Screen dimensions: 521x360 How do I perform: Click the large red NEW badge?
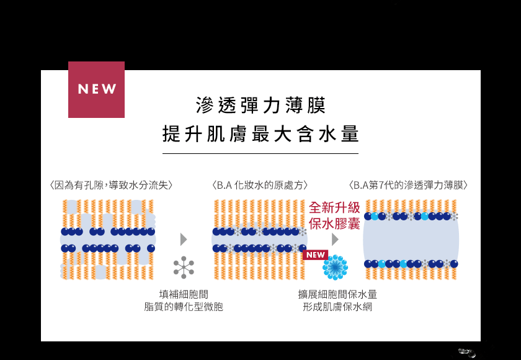(x=96, y=89)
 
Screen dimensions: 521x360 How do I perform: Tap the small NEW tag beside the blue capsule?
(x=315, y=255)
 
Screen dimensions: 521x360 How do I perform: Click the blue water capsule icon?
(x=336, y=267)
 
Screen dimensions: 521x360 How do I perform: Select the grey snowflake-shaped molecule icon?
(x=184, y=268)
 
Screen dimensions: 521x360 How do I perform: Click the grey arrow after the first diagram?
(x=184, y=240)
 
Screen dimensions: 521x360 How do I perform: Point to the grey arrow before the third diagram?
(x=335, y=240)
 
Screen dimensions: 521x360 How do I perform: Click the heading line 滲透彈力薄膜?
(x=260, y=106)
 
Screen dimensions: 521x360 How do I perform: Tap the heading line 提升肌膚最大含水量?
(x=260, y=134)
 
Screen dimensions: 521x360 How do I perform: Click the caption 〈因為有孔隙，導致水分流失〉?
(x=111, y=185)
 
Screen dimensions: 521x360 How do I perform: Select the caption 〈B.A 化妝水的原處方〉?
(x=260, y=185)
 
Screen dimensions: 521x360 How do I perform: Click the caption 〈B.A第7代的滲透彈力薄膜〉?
(x=408, y=185)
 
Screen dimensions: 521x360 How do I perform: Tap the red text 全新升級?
(x=334, y=208)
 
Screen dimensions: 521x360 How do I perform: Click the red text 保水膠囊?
(x=334, y=223)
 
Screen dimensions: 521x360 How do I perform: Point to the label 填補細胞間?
(x=184, y=294)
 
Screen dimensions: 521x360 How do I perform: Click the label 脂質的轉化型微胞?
(x=184, y=307)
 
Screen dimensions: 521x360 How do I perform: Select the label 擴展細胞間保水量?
(x=337, y=294)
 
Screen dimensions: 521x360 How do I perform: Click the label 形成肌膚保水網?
(x=337, y=307)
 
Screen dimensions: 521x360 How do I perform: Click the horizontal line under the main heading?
(x=260, y=153)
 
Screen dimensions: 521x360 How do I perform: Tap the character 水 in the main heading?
(x=327, y=134)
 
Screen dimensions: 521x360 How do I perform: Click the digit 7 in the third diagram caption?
(x=381, y=185)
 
